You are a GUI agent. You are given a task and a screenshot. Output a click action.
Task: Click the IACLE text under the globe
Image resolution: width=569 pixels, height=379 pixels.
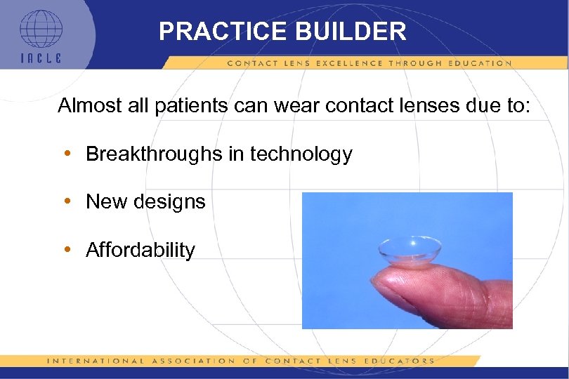tap(40, 58)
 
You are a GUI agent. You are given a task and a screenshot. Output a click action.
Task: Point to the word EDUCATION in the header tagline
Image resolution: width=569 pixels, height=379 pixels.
tap(478, 63)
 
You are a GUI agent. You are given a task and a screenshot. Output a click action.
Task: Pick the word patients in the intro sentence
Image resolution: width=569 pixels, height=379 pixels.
tap(191, 106)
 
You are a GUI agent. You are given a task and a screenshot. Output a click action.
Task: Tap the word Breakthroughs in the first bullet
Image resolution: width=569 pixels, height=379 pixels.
tap(152, 154)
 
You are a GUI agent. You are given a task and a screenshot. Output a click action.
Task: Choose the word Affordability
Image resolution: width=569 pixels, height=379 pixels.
tap(140, 250)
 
